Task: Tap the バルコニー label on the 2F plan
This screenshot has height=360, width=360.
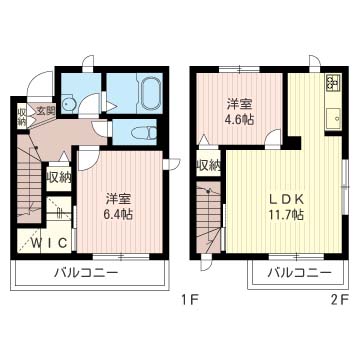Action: [300, 272]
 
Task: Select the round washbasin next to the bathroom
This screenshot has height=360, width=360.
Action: [69, 102]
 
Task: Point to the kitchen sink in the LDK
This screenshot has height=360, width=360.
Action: [331, 120]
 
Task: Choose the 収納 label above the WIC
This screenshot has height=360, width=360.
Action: [58, 178]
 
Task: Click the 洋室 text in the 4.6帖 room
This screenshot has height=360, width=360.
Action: [238, 103]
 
